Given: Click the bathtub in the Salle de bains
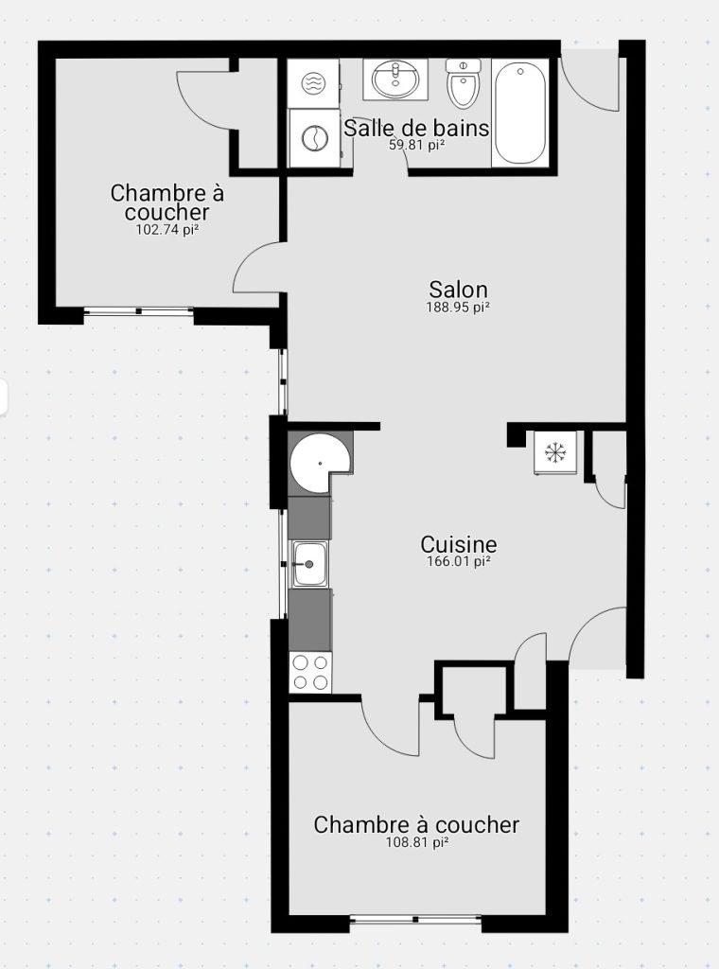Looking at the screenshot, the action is pos(520,113).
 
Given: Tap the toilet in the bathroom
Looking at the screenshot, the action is pos(464,83).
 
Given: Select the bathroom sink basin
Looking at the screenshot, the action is pos(395,79).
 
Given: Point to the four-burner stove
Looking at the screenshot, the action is pos(310,672).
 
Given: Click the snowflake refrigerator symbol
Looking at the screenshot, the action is pos(555,453).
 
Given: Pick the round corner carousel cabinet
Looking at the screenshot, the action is pos(320,463).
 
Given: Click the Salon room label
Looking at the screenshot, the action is pos(458,290).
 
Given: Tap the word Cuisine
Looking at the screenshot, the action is pos(458,544).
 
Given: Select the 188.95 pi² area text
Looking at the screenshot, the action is pos(458,308).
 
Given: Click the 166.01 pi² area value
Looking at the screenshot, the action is pos(458,562).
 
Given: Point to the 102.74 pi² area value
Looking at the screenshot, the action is pos(167,230).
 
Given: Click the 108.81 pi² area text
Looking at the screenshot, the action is pos(416,841).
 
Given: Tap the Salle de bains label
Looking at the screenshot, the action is pos(416,129).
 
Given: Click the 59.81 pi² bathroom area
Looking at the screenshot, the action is pos(417,145).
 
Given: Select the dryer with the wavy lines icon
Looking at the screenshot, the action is pos(314,83).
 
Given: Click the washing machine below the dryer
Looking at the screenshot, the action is pos(314,138).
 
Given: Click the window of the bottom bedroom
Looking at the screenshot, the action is pos(415,919).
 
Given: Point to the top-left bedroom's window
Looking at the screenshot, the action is pos(138,310).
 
